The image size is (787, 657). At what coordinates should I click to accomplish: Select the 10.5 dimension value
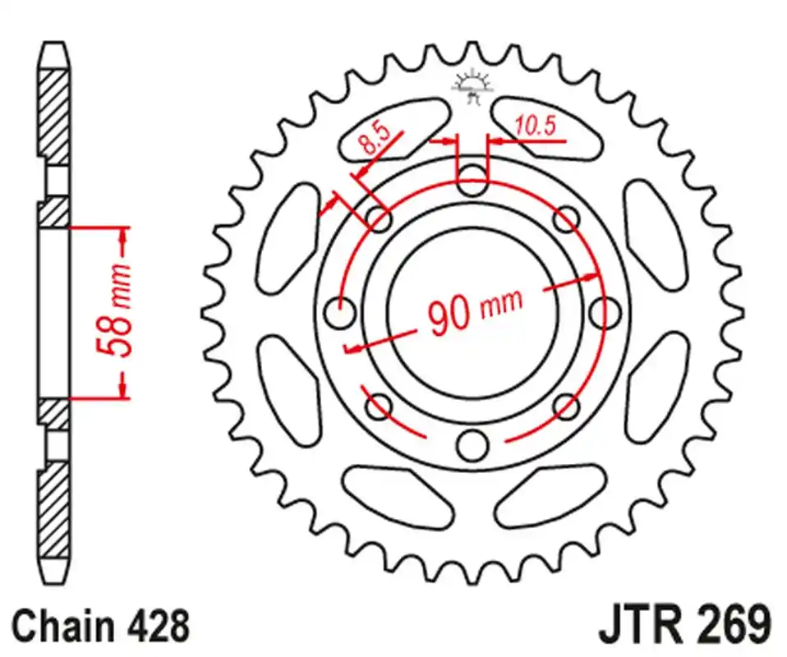(x=535, y=126)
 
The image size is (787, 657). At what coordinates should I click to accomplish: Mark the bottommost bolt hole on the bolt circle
(x=472, y=444)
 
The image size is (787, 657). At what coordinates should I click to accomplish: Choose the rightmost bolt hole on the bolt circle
(x=605, y=311)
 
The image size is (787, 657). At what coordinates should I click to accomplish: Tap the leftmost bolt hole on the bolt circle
(x=338, y=312)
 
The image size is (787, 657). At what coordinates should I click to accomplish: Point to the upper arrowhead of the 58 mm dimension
(x=123, y=238)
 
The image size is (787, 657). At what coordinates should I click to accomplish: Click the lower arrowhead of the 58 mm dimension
(x=123, y=386)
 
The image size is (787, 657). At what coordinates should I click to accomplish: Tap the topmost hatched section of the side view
(x=55, y=115)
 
